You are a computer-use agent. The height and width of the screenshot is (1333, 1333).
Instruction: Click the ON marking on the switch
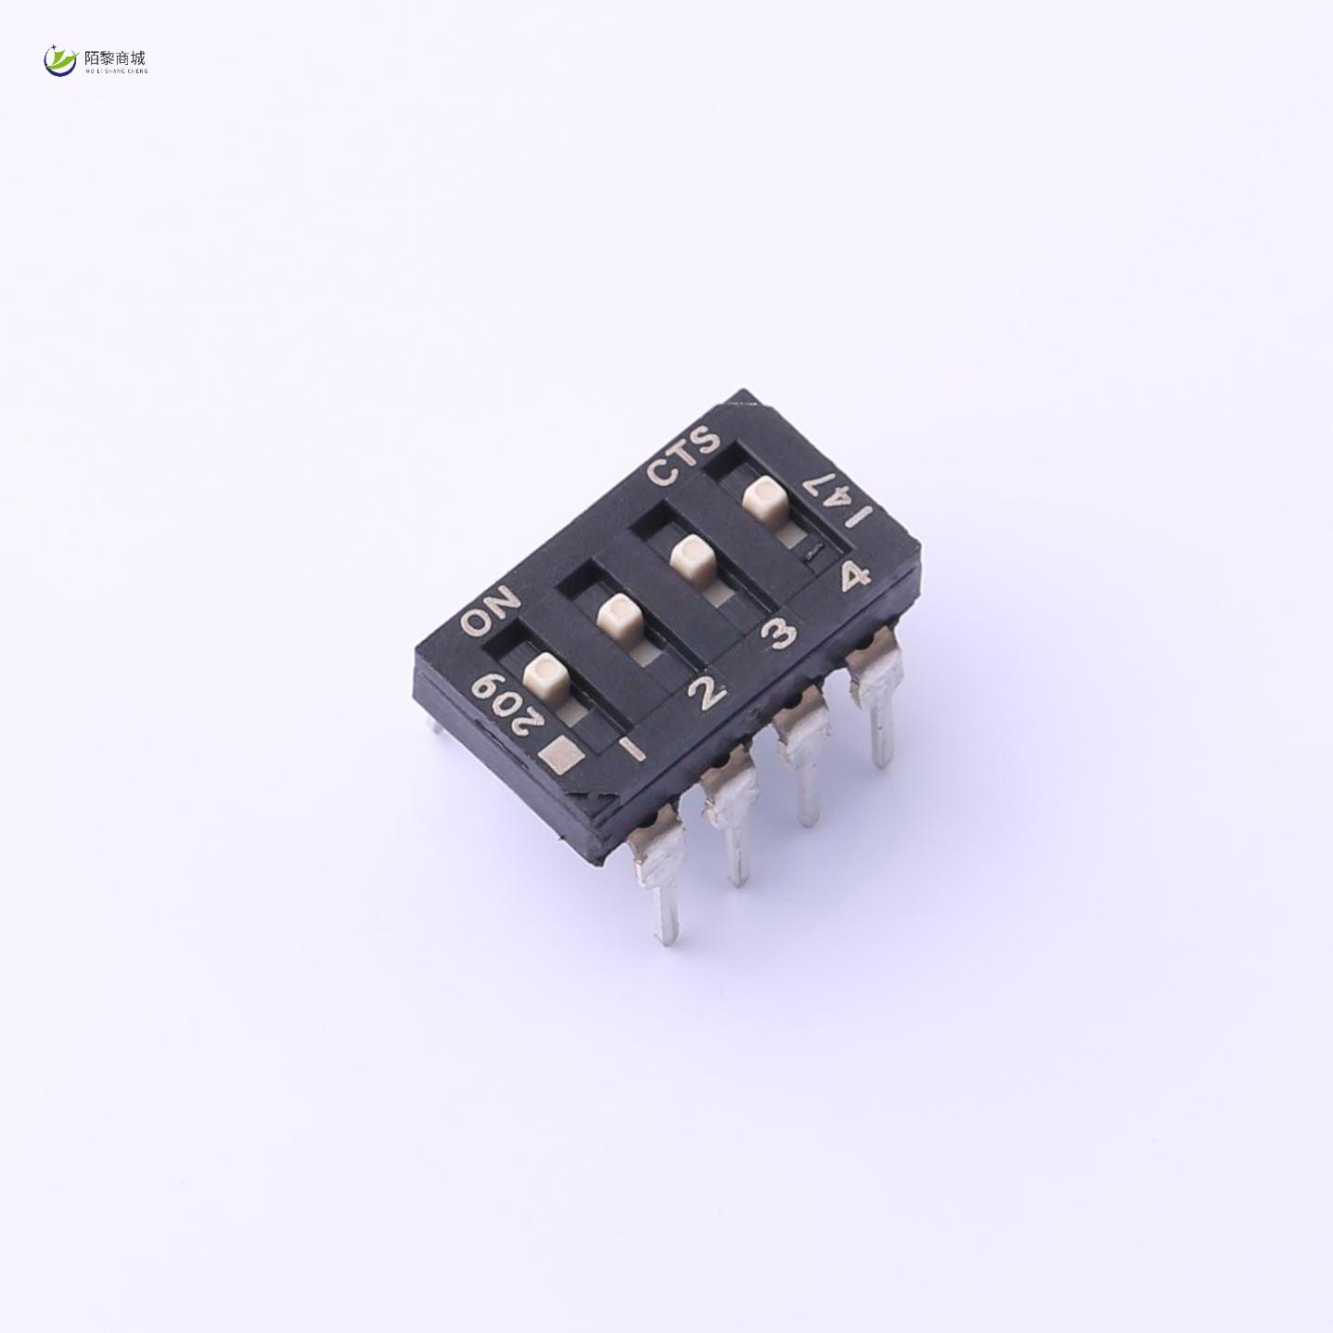[x=491, y=611]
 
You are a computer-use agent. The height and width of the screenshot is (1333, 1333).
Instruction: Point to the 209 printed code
[x=500, y=701]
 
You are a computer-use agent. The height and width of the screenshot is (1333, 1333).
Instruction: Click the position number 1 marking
[x=631, y=748]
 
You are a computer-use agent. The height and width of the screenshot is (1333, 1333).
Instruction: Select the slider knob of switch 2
[x=619, y=616]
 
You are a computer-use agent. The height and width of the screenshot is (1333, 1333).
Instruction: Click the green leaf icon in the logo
[x=61, y=61]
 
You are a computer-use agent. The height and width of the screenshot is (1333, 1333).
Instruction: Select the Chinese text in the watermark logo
[x=115, y=57]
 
